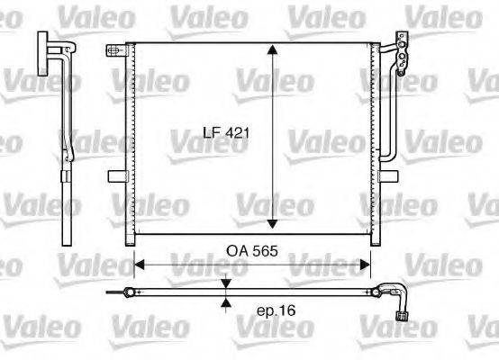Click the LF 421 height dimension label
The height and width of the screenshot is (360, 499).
coord(225,132)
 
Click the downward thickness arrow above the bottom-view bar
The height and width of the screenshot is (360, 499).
coord(225,283)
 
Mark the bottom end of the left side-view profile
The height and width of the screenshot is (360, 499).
coord(66,240)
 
